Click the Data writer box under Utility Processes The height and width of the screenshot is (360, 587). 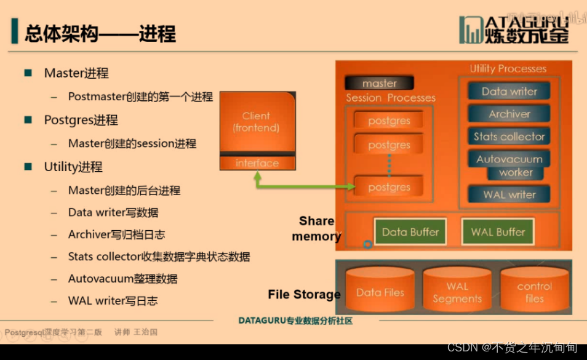[509, 91]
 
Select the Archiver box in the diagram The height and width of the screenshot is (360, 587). [509, 114]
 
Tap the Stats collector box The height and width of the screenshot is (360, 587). [509, 137]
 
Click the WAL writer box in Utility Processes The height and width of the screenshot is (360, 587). [509, 194]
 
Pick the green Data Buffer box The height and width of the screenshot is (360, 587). [410, 232]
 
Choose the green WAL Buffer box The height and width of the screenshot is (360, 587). [498, 232]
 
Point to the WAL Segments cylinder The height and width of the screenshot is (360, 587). [457, 292]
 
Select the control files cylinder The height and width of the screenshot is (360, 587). [534, 292]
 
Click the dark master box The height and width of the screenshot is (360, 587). [379, 83]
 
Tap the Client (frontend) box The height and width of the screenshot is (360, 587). [256, 122]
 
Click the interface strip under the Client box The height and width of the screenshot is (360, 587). [257, 163]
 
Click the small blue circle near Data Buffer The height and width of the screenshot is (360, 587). [368, 244]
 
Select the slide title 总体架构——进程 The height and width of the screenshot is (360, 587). [100, 33]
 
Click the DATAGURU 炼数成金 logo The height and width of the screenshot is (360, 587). [515, 30]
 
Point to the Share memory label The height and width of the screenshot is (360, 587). [316, 228]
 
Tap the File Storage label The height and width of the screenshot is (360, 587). [304, 295]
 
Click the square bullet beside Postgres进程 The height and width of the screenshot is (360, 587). [28, 120]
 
